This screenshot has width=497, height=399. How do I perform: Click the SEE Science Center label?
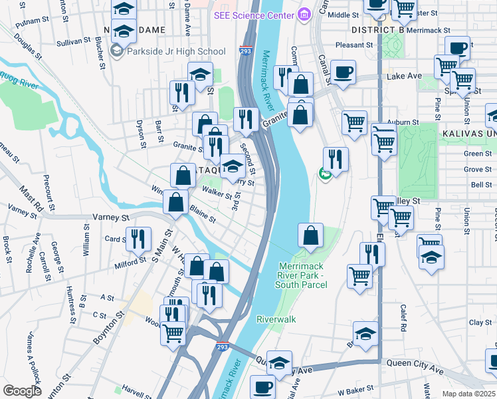[x=254, y=14]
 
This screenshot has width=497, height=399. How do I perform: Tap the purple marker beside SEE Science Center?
[x=304, y=13]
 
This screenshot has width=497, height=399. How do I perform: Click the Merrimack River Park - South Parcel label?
[x=303, y=275]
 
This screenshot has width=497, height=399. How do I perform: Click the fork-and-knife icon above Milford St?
[x=138, y=240]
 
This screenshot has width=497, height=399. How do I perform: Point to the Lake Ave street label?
[x=404, y=76]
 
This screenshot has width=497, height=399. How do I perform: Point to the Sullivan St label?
[x=73, y=41]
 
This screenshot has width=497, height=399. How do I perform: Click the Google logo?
[x=22, y=391]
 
